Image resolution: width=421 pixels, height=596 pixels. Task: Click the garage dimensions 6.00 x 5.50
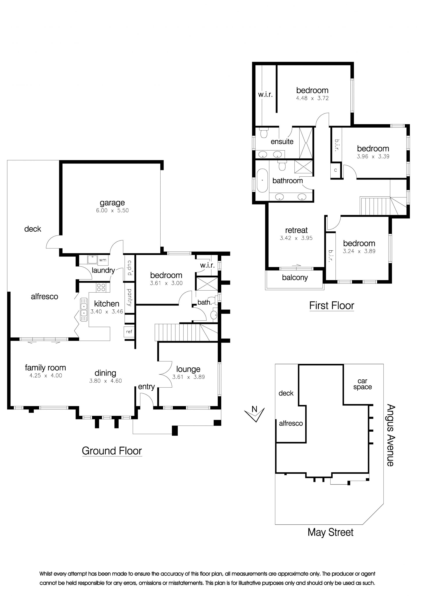click(x=112, y=210)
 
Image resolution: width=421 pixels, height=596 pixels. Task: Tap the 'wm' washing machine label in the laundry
click(x=102, y=260)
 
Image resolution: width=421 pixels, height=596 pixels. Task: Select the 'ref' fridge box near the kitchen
click(x=129, y=332)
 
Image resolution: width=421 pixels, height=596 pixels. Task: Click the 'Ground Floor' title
click(x=112, y=451)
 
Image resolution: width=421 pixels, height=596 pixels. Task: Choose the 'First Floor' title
click(x=332, y=305)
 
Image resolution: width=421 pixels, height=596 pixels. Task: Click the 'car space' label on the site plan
click(x=362, y=384)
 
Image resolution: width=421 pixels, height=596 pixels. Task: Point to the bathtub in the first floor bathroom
click(x=262, y=181)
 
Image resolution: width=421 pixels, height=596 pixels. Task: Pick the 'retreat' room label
click(x=296, y=230)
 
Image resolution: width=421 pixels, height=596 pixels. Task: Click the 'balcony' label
click(x=295, y=278)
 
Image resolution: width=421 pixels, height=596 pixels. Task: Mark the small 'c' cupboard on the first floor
click(x=335, y=170)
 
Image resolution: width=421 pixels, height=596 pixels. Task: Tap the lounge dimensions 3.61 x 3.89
click(x=189, y=377)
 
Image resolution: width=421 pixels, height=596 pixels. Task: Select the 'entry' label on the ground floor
click(x=146, y=387)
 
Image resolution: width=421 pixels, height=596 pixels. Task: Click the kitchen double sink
click(x=84, y=310)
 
